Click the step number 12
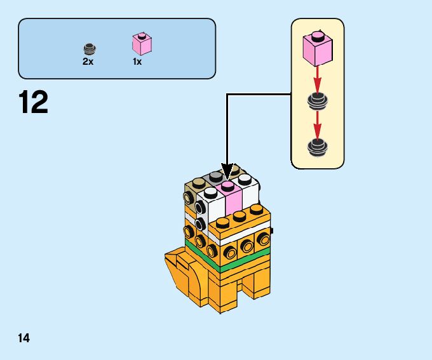(x=34, y=103)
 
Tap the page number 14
(x=24, y=337)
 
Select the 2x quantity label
(x=88, y=62)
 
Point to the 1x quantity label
(x=137, y=62)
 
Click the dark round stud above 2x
(x=89, y=48)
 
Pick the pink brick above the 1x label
(x=142, y=44)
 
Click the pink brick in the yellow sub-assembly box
(x=318, y=47)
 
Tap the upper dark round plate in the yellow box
(x=317, y=101)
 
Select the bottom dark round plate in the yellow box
(x=317, y=147)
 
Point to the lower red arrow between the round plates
(x=318, y=124)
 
